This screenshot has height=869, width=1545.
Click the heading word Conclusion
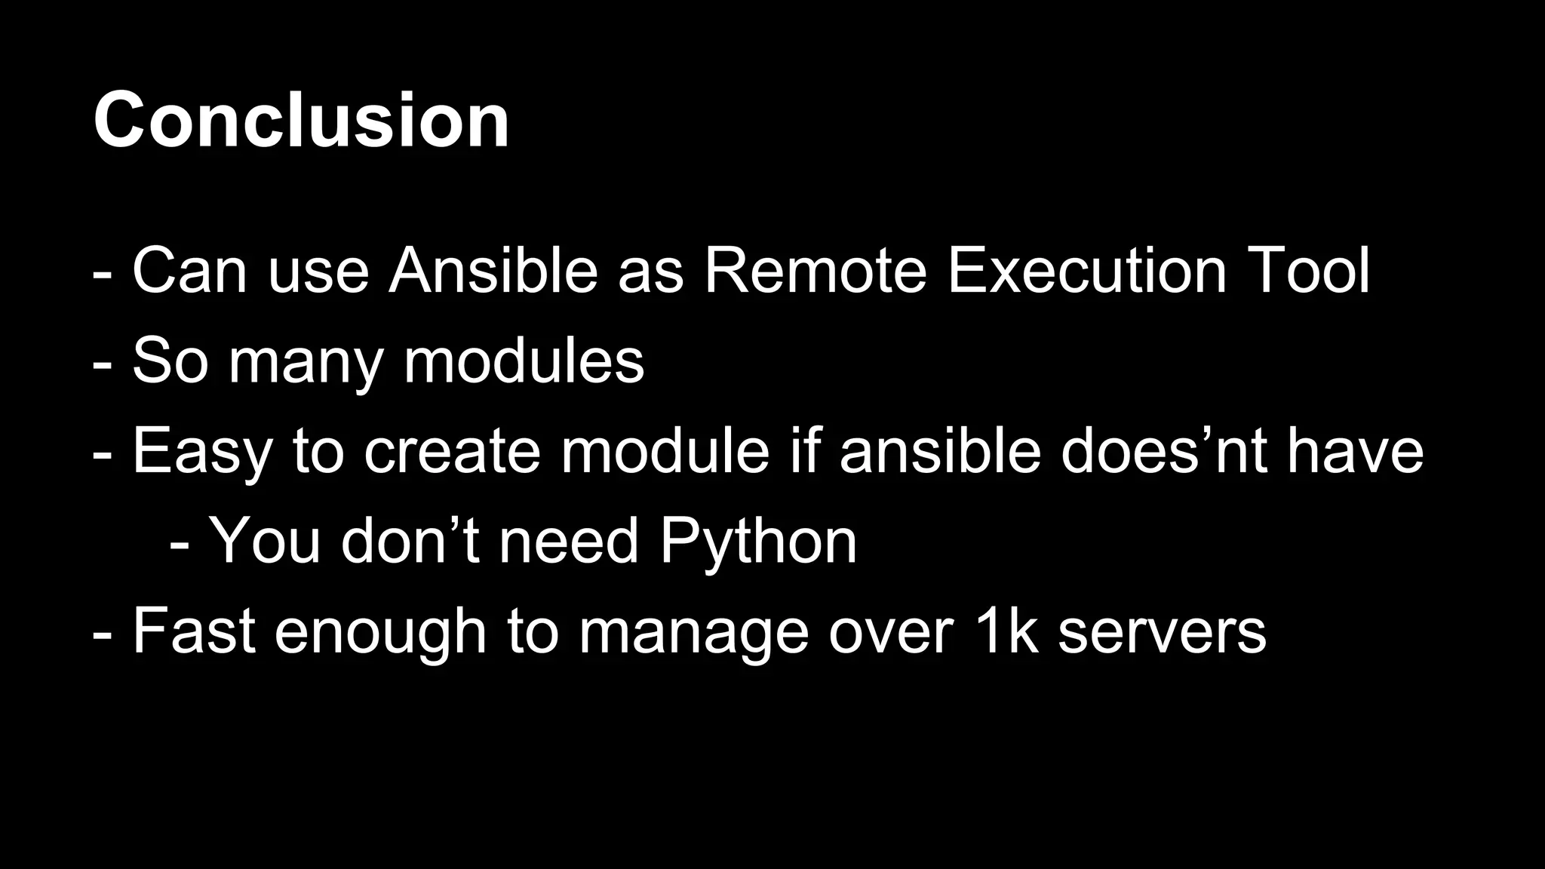(x=301, y=121)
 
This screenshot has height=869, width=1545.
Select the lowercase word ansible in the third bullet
(x=940, y=451)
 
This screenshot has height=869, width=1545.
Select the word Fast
(x=193, y=631)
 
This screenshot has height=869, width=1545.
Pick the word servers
(x=1162, y=634)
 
